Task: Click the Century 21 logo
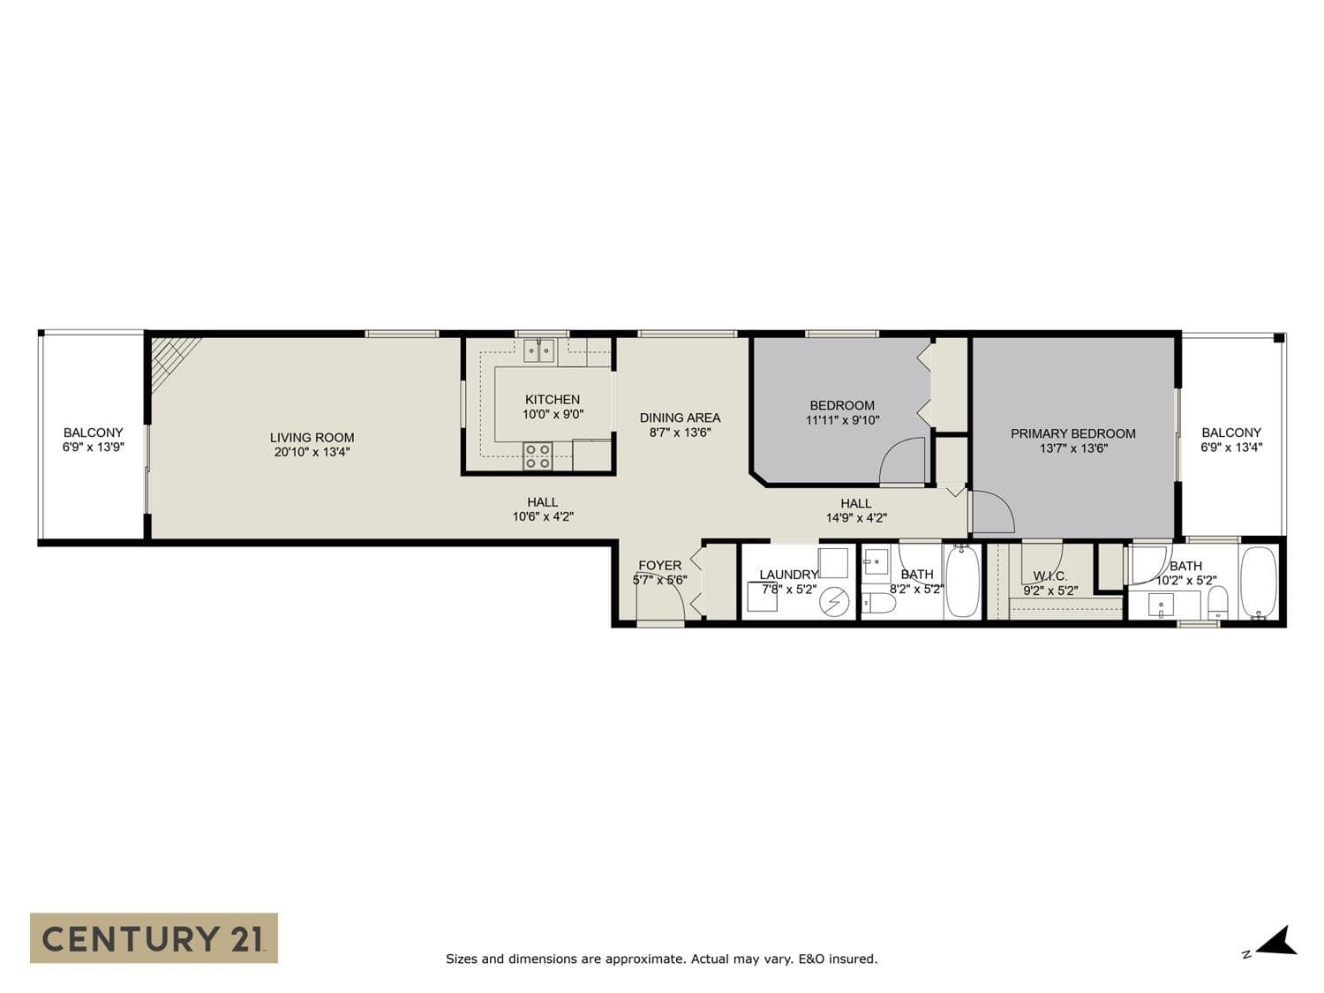point(154,938)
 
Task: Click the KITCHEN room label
point(552,400)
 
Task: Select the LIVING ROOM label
point(312,438)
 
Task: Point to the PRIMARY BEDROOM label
point(1073,433)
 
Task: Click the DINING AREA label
point(680,418)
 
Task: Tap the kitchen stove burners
point(538,455)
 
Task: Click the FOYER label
point(660,566)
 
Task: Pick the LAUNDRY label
point(788,575)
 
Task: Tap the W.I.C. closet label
point(1050,576)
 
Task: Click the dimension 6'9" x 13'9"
point(93,448)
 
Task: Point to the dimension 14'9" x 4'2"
point(856,518)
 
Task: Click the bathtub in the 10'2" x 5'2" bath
point(1259,582)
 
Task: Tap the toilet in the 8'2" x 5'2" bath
point(877,604)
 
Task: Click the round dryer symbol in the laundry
point(834,601)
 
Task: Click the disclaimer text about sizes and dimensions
point(662,959)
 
